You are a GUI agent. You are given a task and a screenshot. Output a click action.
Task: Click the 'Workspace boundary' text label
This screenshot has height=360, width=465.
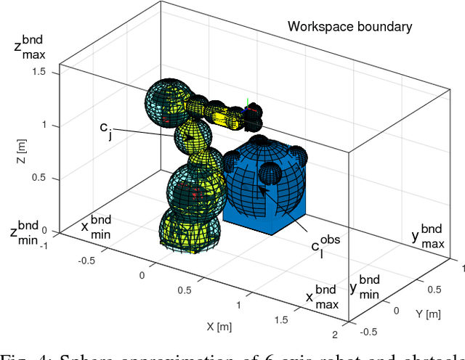coord(349,27)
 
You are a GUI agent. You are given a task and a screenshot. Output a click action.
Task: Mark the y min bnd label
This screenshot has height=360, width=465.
coord(364,285)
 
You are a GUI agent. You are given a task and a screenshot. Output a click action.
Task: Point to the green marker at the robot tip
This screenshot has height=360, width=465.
coord(248,103)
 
